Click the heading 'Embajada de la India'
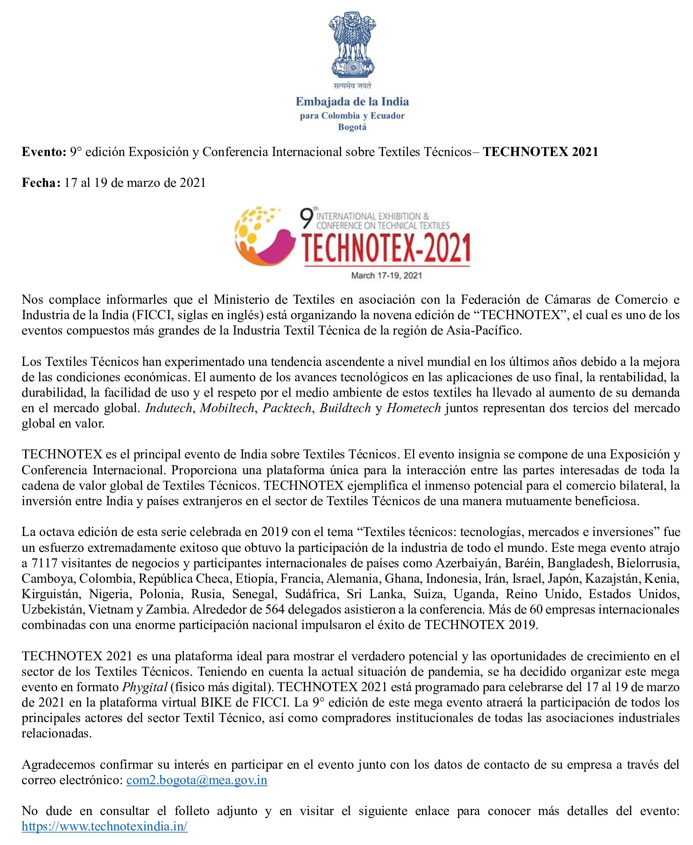coord(352,102)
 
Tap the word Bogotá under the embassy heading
coord(352,127)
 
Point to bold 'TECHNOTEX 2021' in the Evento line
coord(540,152)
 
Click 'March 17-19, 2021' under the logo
coord(387,275)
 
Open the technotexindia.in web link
coord(105,826)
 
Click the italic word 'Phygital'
coord(145,687)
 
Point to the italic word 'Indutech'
coord(169,408)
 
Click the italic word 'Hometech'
coord(413,408)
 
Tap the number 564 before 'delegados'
coord(275,609)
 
